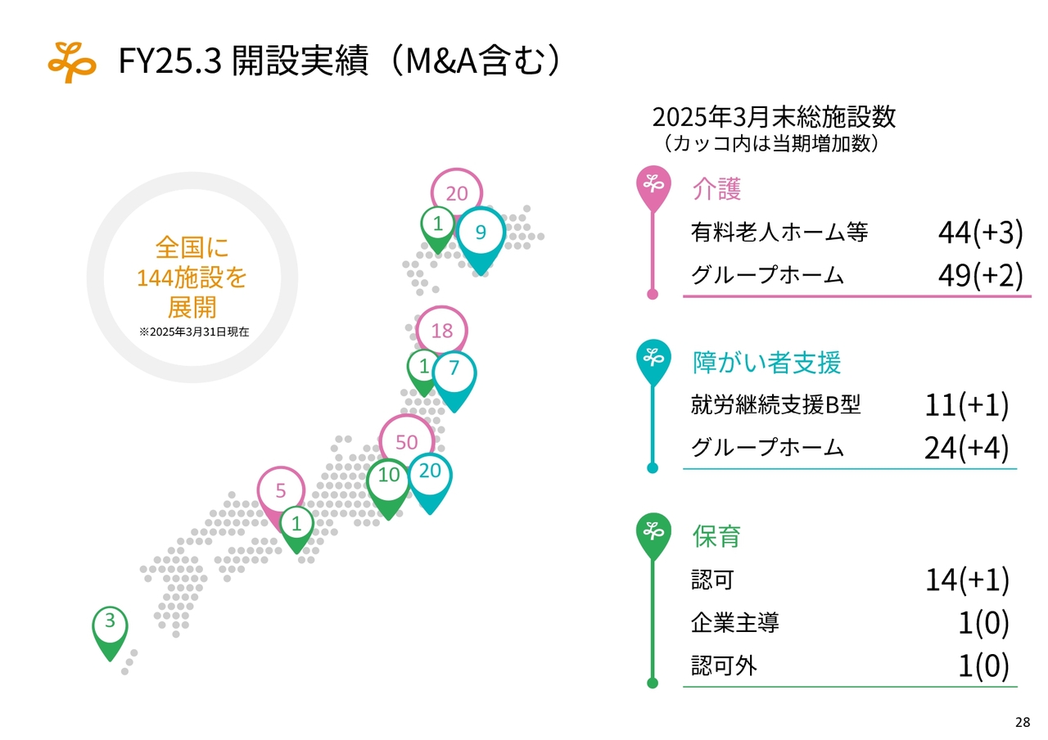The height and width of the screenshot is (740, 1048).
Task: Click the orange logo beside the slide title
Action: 72,62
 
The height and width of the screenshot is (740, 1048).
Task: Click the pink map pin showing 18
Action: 441,330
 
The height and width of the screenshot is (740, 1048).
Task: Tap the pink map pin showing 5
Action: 281,494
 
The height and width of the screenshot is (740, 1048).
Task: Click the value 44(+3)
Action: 980,232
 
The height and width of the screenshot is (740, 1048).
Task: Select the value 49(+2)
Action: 980,275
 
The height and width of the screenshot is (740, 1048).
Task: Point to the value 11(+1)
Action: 967,405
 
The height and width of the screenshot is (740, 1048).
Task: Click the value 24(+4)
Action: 967,448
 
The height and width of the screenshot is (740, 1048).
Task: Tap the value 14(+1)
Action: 967,580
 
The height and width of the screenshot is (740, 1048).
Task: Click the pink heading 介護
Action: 716,188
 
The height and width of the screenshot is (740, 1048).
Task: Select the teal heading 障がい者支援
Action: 766,362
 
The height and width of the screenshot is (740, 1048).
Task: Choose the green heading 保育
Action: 716,535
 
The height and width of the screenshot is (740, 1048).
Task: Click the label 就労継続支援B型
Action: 775,404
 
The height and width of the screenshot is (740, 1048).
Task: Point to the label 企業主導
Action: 735,623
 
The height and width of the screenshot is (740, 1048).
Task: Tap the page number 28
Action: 1023,722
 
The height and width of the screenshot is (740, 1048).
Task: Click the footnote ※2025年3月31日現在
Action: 194,332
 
